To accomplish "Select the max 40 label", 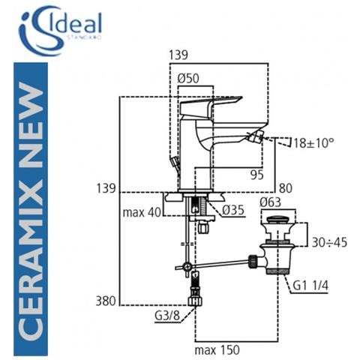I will click(142, 212).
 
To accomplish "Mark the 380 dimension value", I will click(105, 301).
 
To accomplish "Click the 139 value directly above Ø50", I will click(178, 55).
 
